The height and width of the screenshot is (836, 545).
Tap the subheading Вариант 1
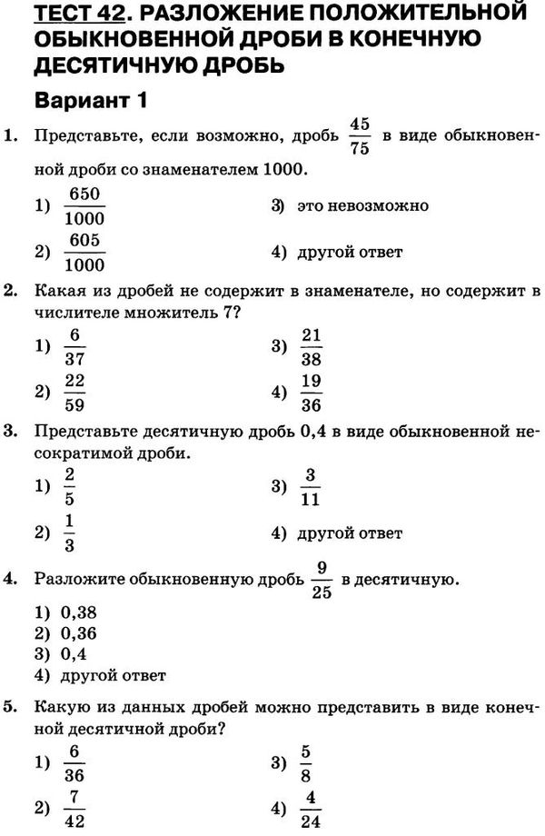90,99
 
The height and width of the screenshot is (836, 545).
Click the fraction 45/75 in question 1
359,136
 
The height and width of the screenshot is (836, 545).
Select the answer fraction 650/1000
84,206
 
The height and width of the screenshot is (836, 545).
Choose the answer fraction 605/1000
84,253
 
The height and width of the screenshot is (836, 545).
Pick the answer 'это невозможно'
362,205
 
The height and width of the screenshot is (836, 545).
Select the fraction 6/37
74,346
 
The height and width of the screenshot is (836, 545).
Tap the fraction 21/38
312,346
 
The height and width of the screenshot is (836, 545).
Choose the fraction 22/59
74,393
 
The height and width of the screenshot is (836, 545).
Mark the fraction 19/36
312,393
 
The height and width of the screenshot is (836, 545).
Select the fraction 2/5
70,487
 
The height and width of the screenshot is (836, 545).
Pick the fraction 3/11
310,487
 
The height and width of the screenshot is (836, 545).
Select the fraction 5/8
306,762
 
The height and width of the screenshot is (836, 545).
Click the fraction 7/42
74,809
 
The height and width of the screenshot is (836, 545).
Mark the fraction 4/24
311,809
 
